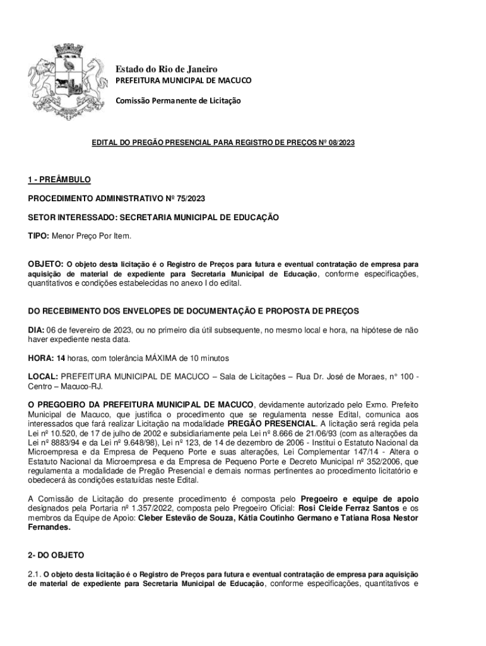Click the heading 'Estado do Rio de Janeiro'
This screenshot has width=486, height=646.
pyautogui.click(x=165, y=69)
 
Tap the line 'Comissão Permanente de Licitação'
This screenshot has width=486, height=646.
pyautogui.click(x=177, y=100)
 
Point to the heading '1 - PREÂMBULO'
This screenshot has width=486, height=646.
pyautogui.click(x=59, y=180)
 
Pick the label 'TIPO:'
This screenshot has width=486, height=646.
pyautogui.click(x=38, y=235)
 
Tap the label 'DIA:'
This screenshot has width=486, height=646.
pyautogui.click(x=36, y=330)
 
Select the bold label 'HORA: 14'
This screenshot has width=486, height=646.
pyautogui.click(x=47, y=358)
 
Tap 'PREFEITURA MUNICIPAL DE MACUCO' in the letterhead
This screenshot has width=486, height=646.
pyautogui.click(x=182, y=81)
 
